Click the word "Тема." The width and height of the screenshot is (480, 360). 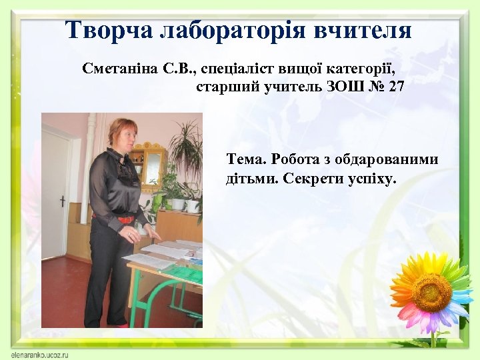[247, 159]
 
